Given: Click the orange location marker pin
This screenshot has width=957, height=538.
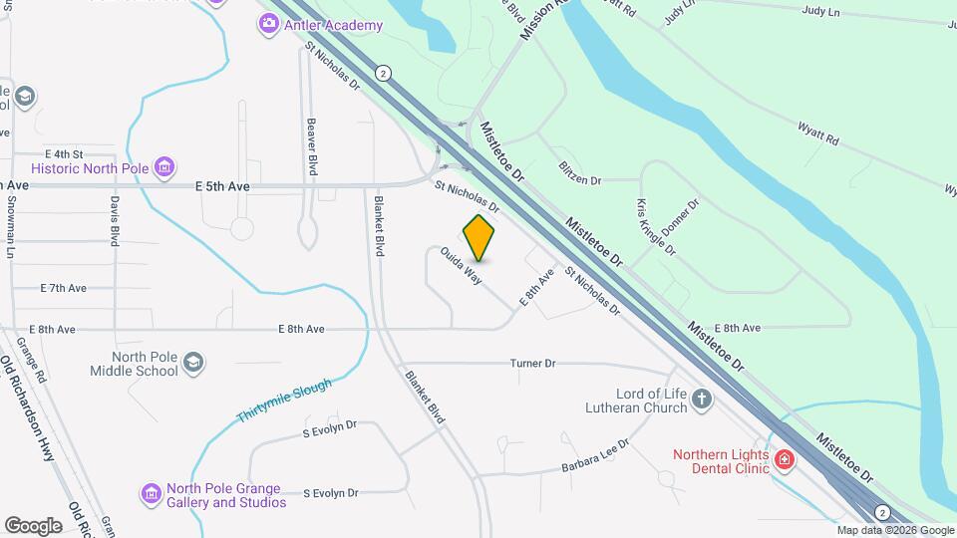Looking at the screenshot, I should pyautogui.click(x=479, y=237).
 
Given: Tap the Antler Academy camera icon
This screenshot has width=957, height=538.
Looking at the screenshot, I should pyautogui.click(x=268, y=25).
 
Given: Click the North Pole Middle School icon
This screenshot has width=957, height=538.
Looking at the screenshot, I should pyautogui.click(x=194, y=362).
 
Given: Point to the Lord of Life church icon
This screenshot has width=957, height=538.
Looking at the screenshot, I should pyautogui.click(x=703, y=400).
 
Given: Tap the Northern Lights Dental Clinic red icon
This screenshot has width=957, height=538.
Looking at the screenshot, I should pyautogui.click(x=785, y=459).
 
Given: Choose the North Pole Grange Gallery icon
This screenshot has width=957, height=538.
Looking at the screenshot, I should pyautogui.click(x=151, y=493).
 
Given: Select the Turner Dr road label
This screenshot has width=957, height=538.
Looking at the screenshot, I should pyautogui.click(x=532, y=363).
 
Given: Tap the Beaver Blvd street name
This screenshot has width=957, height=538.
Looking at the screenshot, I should pyautogui.click(x=312, y=147).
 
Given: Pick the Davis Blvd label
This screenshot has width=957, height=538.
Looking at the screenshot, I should pyautogui.click(x=116, y=220).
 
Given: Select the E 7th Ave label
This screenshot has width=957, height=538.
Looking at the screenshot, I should pyautogui.click(x=64, y=288).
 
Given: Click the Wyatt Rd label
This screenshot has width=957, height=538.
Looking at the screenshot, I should pyautogui.click(x=817, y=133).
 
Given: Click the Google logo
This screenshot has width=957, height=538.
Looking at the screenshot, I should pyautogui.click(x=33, y=525).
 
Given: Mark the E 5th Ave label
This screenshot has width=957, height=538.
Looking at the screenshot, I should pyautogui.click(x=222, y=186).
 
